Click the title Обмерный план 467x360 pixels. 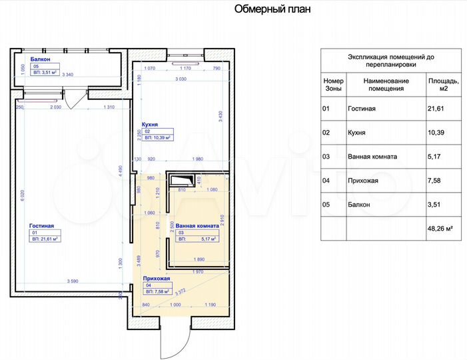click(272, 10)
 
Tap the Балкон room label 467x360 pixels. click(31, 59)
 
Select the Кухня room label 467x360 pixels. click(149, 124)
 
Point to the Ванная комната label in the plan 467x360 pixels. click(198, 226)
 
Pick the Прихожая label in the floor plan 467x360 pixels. click(157, 278)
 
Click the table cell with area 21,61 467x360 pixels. click(436, 107)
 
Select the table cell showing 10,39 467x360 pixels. click(436, 133)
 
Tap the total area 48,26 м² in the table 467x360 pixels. click(440, 228)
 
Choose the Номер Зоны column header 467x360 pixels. click(332, 84)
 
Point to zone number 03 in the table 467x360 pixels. click(326, 157)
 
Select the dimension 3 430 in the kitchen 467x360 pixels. click(220, 117)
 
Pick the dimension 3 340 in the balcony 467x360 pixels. click(67, 75)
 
